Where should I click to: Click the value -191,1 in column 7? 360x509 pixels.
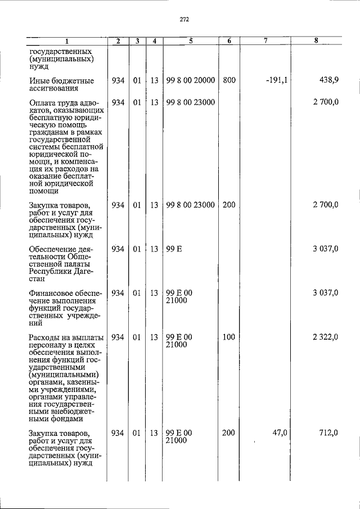tap(277, 80)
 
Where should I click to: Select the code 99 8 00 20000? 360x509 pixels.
tap(191, 80)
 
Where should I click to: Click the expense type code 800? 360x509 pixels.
tap(229, 80)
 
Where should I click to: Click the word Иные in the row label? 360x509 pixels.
tap(39, 80)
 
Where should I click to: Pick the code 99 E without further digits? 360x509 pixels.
tap(174, 249)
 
